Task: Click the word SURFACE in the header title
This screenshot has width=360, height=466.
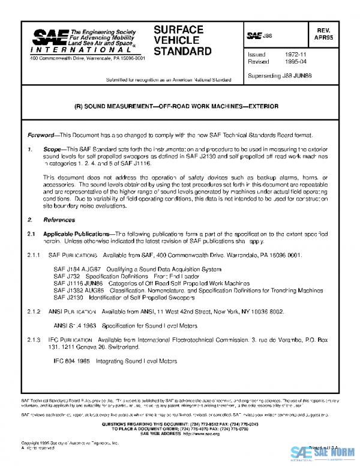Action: (178, 29)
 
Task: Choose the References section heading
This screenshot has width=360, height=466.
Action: (58, 220)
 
